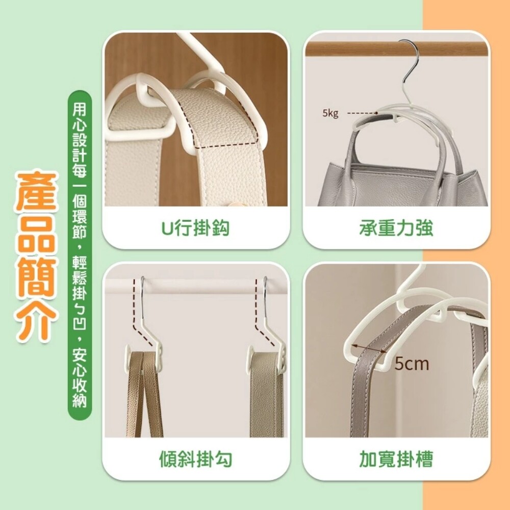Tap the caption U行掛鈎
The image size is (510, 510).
[x=195, y=228]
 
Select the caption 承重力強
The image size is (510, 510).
[x=396, y=228]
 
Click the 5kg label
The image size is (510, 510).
[x=330, y=113]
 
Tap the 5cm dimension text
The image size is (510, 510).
[x=412, y=363]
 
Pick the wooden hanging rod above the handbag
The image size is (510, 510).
[x=396, y=49]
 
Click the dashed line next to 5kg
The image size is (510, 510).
[x=362, y=113]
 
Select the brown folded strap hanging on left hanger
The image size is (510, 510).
[x=143, y=394]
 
